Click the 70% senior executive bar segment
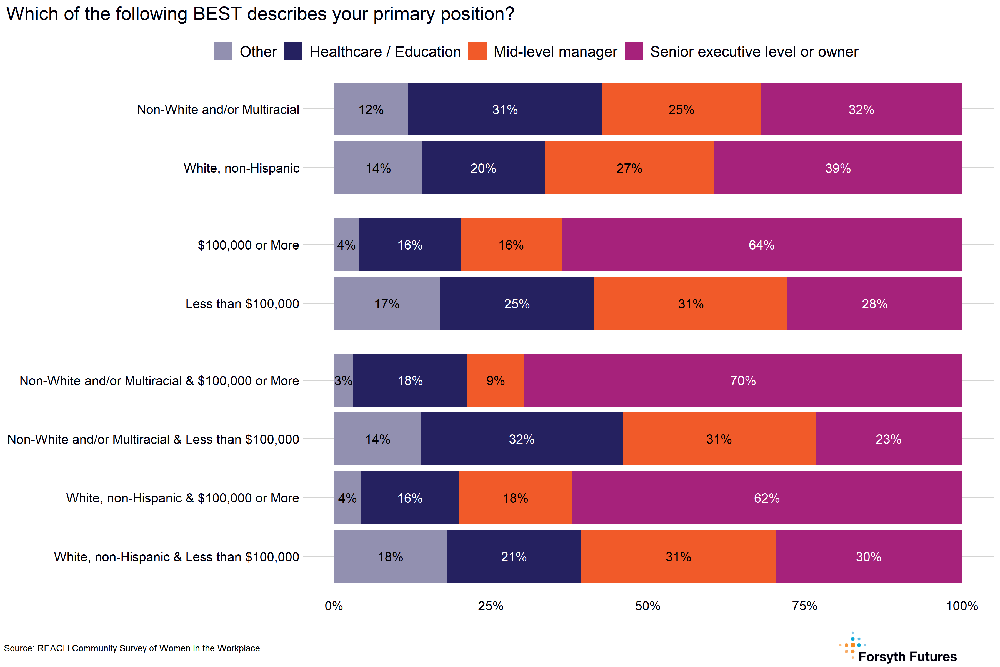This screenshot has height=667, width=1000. coord(743,380)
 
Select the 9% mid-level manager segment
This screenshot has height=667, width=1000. coord(495,380)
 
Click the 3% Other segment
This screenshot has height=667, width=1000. coord(343,380)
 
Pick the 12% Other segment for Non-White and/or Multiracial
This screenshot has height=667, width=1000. coord(371,109)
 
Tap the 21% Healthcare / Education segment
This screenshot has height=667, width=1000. coord(514,556)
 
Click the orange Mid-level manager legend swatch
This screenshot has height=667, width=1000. coord(477,51)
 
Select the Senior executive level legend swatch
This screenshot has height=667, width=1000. coord(634,51)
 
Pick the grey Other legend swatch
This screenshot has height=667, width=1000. coord(223,51)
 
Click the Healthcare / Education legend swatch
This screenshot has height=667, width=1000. coord(293,51)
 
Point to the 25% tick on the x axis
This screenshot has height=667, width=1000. coord(491,606)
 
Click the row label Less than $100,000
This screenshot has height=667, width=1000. coord(242,304)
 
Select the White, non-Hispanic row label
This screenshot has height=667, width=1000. coord(241,168)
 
